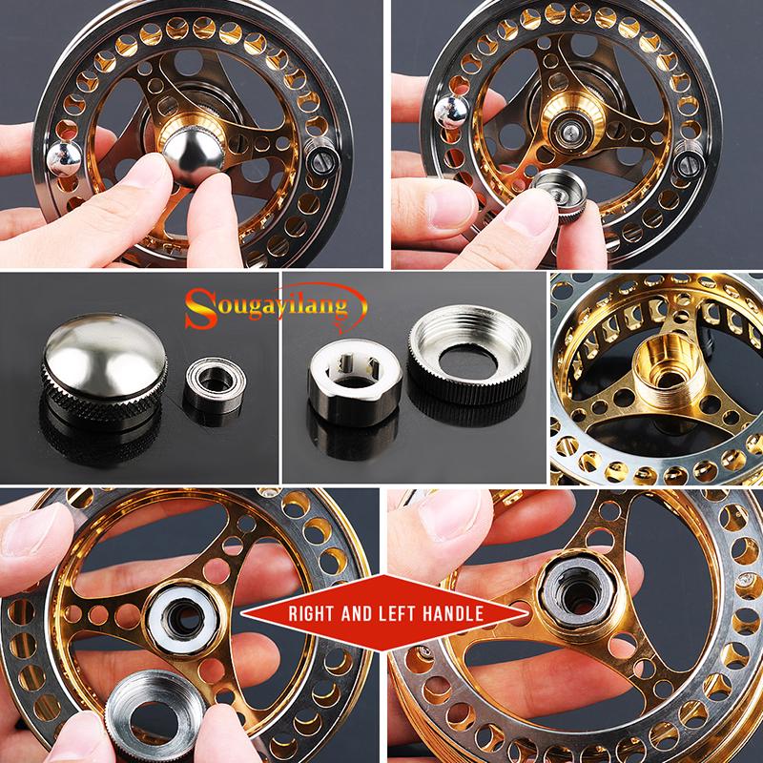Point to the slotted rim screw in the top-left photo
click(x=321, y=156)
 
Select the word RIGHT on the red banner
click(x=313, y=613)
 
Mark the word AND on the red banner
click(x=357, y=613)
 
